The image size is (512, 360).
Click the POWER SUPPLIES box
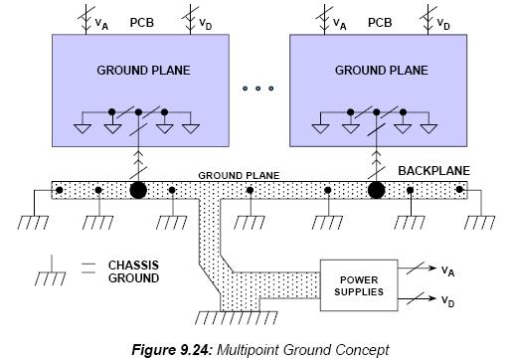click(359, 285)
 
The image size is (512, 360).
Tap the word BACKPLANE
click(433, 171)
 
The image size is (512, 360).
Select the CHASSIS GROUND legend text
click(133, 271)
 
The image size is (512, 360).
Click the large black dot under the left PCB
click(138, 190)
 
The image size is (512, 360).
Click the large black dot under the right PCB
click(377, 190)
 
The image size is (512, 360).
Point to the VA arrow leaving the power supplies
click(417, 268)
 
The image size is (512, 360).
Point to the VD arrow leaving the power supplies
click(417, 298)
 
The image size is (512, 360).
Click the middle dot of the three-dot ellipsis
click(258, 89)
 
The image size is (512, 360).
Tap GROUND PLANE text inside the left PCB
click(143, 71)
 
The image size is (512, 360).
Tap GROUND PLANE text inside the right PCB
click(382, 71)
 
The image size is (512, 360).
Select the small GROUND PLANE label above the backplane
click(239, 175)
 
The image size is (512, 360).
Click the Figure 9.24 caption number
click(172, 350)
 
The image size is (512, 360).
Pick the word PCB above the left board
click(142, 23)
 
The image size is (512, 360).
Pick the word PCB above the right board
click(380, 23)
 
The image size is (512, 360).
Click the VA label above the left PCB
click(101, 24)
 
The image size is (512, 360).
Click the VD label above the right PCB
click(443, 24)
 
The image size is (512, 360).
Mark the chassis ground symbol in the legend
click(51, 270)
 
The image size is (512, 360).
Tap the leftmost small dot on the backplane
click(60, 190)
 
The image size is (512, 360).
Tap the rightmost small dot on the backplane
click(459, 189)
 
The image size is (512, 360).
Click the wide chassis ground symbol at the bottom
click(236, 317)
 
